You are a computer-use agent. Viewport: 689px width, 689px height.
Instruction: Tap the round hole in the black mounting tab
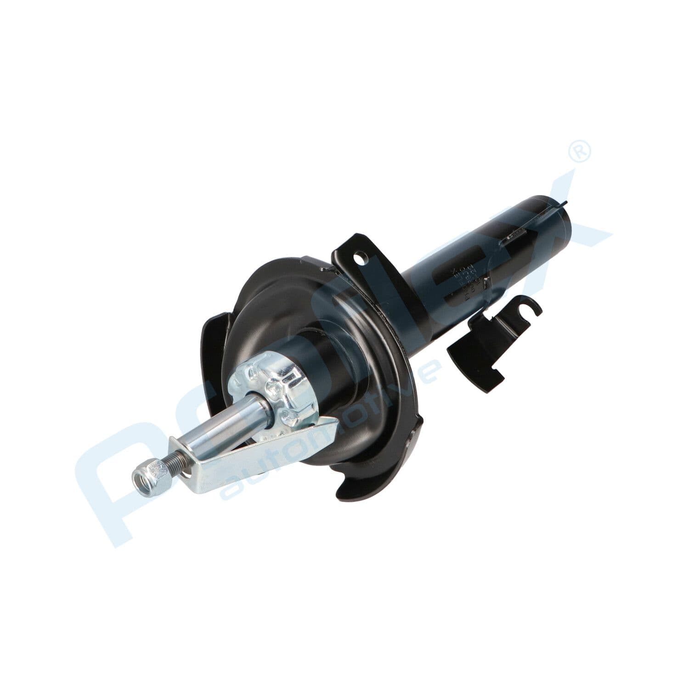pyautogui.click(x=362, y=258)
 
